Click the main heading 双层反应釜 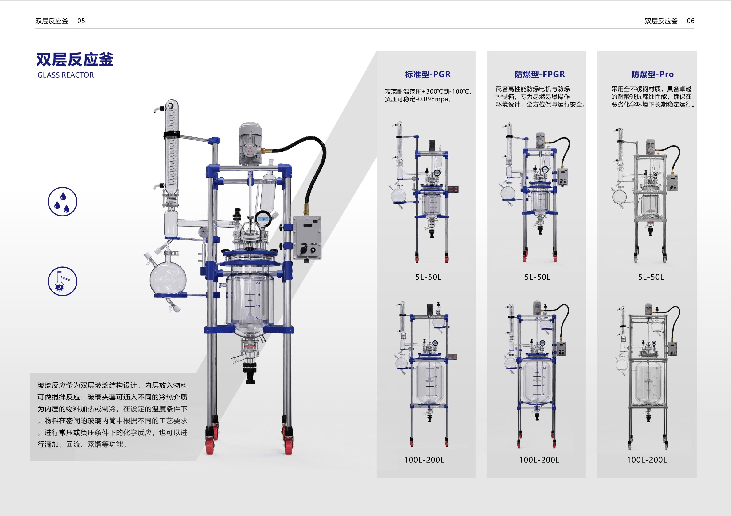(x=75, y=59)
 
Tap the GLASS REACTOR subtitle (x=66, y=75)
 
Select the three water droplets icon (x=62, y=201)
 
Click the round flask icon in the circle (x=62, y=281)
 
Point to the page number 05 (x=81, y=21)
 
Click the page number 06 (x=690, y=21)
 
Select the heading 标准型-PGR (x=428, y=75)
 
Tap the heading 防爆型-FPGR (x=540, y=75)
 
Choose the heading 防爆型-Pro (x=652, y=75)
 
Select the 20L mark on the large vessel (x=258, y=283)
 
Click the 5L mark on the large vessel (x=257, y=318)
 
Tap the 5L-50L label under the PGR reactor (x=428, y=277)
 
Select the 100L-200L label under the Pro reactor (x=647, y=460)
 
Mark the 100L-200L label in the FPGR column (x=539, y=460)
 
